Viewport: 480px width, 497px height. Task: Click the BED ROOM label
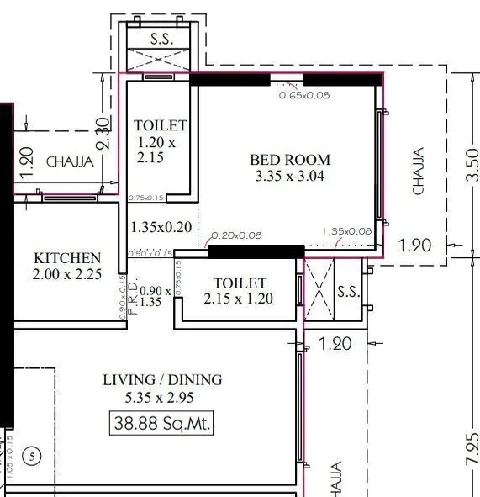(290, 159)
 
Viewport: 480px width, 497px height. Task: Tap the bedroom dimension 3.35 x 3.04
(290, 177)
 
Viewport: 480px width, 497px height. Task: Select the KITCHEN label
(67, 258)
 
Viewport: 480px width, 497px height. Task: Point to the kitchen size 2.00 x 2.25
(67, 275)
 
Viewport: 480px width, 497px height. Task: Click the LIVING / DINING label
(162, 380)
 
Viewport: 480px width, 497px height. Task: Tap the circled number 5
(31, 457)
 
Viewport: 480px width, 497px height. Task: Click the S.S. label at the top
(161, 39)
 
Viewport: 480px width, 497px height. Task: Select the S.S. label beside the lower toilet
(348, 292)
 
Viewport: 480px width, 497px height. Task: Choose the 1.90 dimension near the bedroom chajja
(414, 246)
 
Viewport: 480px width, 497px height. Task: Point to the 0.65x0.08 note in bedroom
(304, 96)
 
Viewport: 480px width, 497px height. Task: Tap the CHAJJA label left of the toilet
(65, 161)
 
